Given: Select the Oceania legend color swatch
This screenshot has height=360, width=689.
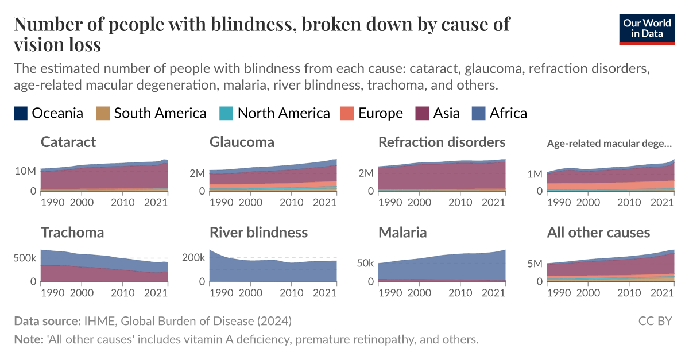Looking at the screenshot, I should tap(20, 113).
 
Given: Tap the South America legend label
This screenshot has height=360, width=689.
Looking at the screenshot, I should tap(160, 113).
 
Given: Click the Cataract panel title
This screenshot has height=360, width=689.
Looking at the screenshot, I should tap(68, 142).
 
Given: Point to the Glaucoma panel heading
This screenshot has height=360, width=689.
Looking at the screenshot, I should tap(242, 142).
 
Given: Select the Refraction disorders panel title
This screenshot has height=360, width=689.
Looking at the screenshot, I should tap(442, 142).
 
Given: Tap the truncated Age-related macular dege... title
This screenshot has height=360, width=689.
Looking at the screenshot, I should tap(609, 143).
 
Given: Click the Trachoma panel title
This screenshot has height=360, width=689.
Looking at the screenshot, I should tap(72, 233).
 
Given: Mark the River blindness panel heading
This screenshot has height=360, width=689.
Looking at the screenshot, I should tap(258, 233).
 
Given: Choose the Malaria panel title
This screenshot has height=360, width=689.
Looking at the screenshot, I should tap(402, 233).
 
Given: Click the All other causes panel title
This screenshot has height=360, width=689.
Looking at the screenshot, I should tap(598, 233).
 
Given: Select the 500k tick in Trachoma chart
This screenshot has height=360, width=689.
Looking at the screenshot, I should tap(25, 258).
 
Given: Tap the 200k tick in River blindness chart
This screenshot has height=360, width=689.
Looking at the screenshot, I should tap(193, 258).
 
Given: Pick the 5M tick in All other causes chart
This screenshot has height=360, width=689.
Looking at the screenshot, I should tap(534, 264).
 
